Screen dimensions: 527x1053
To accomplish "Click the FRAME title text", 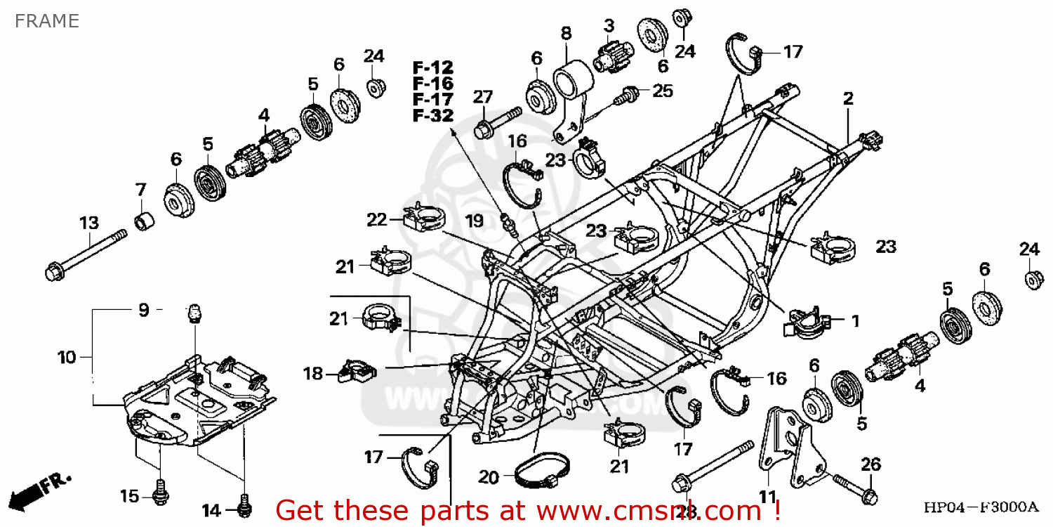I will click(46, 21).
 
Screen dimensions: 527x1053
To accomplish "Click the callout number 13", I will click(89, 223).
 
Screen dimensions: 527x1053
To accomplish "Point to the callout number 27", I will click(483, 97).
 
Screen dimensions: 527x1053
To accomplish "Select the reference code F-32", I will click(432, 116).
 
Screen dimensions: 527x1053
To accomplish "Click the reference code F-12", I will click(432, 68).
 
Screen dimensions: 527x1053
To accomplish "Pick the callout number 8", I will click(566, 32).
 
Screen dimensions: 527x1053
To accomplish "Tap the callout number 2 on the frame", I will click(848, 98).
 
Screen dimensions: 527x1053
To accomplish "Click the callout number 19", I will click(475, 221).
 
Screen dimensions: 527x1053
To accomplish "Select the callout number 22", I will click(376, 220).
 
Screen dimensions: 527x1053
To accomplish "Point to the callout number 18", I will click(313, 373).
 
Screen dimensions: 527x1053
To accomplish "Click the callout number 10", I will click(66, 358).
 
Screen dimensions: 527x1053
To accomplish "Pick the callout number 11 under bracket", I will click(767, 497).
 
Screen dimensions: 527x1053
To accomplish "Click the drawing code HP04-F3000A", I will click(981, 507).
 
